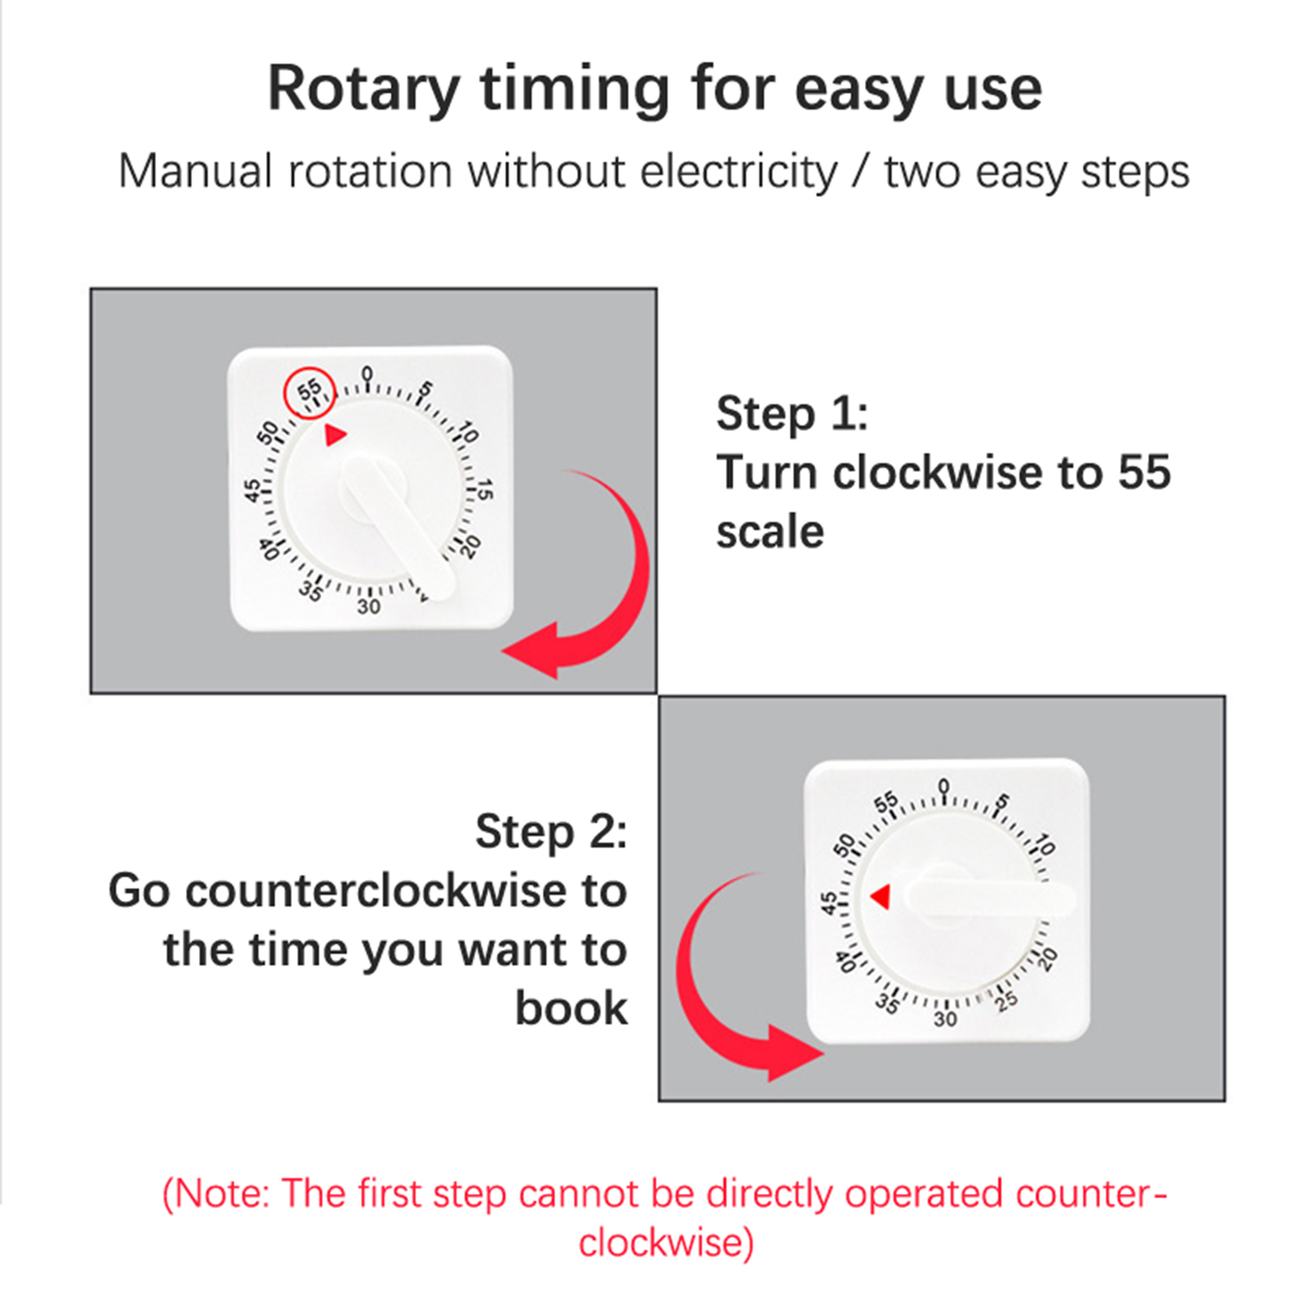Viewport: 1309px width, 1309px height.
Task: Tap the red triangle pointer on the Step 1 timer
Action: pyautogui.click(x=335, y=434)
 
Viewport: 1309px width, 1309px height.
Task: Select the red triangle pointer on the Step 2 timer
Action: pyautogui.click(x=881, y=897)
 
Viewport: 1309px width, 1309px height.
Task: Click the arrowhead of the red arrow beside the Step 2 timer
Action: pyautogui.click(x=794, y=1054)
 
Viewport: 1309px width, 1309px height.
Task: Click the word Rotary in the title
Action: pyautogui.click(x=364, y=89)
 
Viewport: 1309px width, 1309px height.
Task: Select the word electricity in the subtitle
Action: pyautogui.click(x=739, y=172)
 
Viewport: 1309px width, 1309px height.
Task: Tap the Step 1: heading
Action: pyautogui.click(x=792, y=413)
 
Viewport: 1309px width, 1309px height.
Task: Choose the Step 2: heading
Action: pyautogui.click(x=551, y=832)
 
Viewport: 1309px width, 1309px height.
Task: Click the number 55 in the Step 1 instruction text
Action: pyautogui.click(x=1145, y=472)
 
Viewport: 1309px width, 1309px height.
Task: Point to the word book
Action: pyautogui.click(x=571, y=1008)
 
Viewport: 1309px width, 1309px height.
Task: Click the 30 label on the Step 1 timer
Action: pyautogui.click(x=369, y=606)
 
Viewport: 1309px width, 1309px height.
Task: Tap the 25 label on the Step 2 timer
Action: pyautogui.click(x=1007, y=1000)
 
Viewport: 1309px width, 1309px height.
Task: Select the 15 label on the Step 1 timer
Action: pyautogui.click(x=484, y=490)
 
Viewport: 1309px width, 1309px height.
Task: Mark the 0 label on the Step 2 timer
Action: pyautogui.click(x=944, y=786)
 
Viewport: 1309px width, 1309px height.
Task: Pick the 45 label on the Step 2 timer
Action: pyautogui.click(x=830, y=903)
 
